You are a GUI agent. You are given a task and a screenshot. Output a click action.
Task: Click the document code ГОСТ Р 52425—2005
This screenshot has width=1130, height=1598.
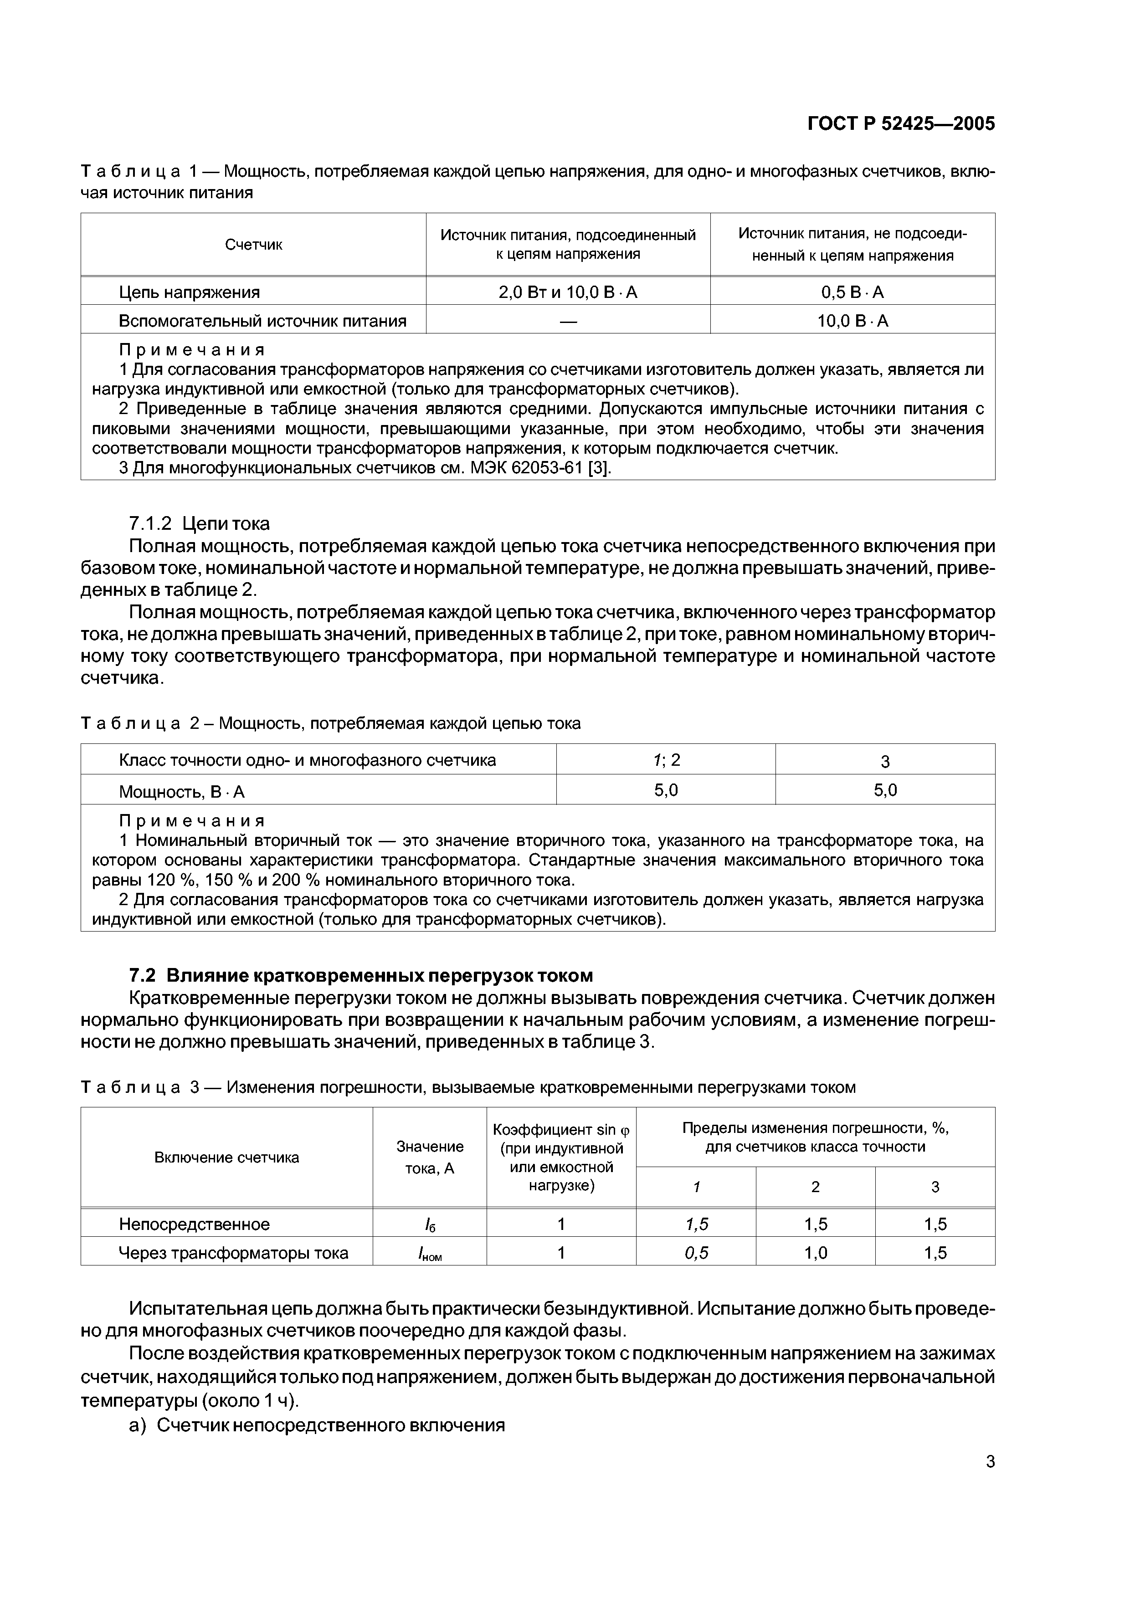[901, 124]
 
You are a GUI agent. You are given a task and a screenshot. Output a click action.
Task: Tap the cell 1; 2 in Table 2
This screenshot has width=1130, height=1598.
[666, 760]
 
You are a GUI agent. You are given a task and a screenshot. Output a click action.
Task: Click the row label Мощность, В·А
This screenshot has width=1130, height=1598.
[182, 791]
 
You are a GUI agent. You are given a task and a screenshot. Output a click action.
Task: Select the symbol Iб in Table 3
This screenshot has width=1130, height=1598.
[430, 1224]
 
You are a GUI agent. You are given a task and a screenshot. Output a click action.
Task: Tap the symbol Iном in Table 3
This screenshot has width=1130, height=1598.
[430, 1254]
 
